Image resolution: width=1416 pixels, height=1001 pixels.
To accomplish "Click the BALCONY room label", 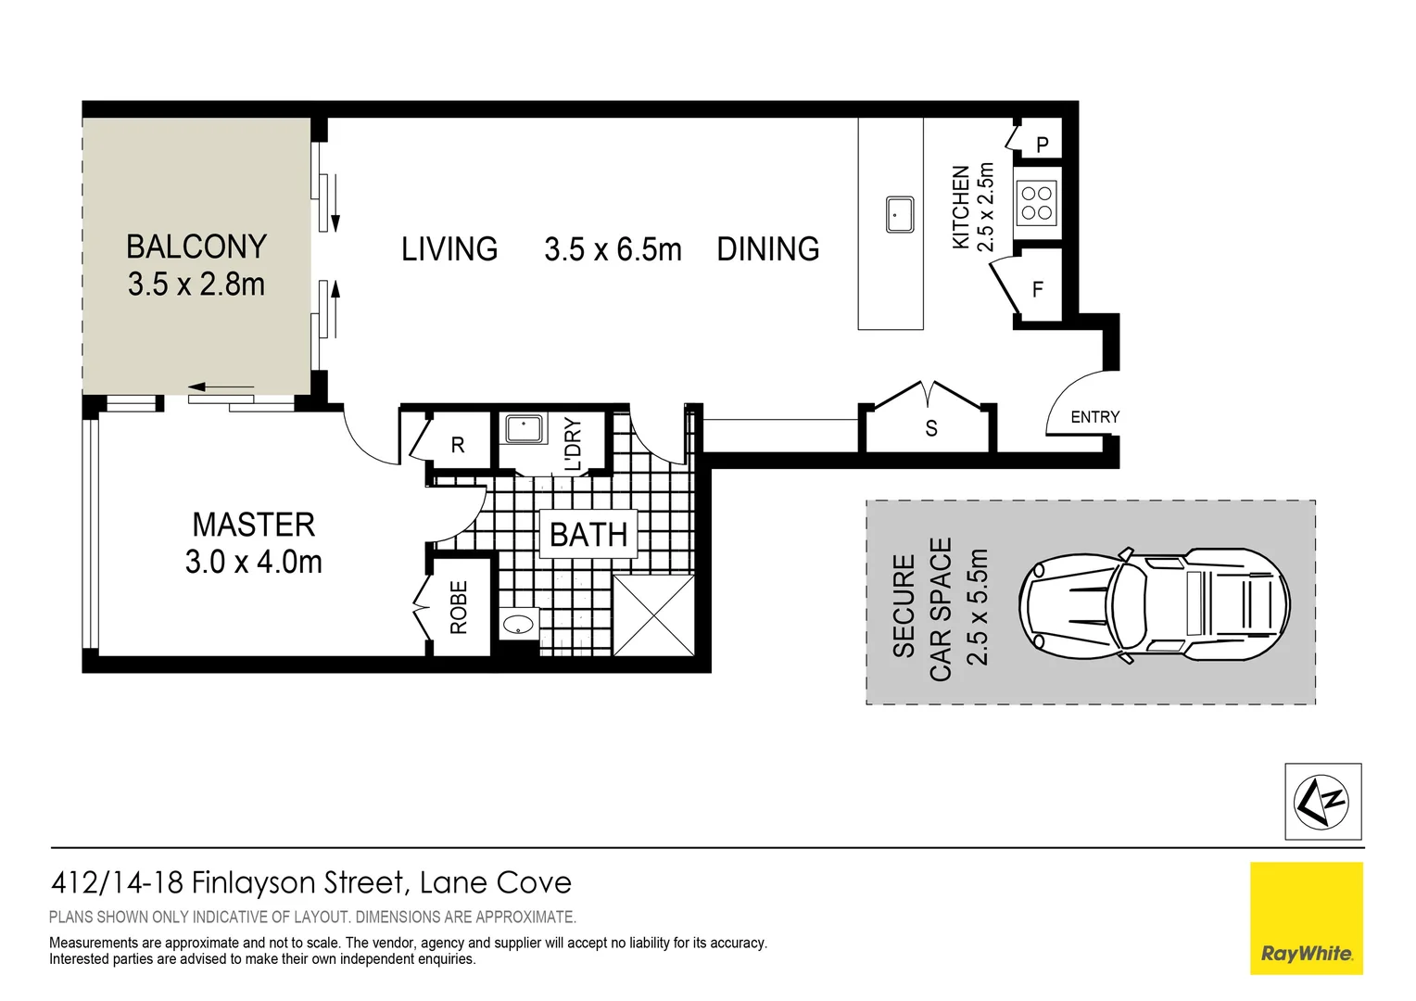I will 196,247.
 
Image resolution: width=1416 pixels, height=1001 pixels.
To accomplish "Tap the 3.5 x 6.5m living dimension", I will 613,249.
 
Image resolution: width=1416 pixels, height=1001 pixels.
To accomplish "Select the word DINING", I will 767,249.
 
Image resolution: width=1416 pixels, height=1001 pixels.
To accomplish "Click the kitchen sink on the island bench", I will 899,214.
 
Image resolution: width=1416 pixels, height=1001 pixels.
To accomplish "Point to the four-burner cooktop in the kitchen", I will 1036,203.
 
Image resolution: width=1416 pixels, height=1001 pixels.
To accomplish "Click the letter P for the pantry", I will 1043,145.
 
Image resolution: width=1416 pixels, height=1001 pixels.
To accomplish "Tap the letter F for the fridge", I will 1037,290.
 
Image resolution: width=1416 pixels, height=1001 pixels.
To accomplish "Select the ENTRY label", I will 1094,417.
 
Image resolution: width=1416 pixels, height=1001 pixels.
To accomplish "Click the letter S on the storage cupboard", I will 930,428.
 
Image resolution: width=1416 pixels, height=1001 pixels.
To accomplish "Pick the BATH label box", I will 588,535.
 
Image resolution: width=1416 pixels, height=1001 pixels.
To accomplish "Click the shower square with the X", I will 653,615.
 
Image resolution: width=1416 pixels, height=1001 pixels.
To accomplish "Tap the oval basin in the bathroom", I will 519,624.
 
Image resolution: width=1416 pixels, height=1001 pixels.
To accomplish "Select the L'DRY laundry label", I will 573,444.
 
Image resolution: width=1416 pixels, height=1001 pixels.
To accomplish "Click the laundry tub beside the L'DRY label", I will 524,430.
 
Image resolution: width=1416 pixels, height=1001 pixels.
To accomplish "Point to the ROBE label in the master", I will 459,607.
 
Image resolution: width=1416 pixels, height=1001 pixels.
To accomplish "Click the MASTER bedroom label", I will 253,525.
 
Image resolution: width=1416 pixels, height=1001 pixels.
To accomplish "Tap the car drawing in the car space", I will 1154,605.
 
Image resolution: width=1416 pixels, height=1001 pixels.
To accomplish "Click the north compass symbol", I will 1322,802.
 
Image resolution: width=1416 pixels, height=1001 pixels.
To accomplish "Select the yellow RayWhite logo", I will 1306,918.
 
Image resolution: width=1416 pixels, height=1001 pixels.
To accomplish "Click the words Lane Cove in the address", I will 495,882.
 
